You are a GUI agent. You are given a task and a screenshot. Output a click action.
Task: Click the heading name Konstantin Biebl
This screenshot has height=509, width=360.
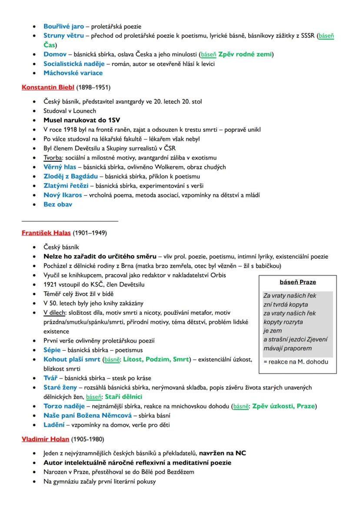pyautogui.click(x=48, y=87)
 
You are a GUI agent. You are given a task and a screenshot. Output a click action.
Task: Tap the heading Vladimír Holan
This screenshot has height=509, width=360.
pyautogui.click(x=45, y=439)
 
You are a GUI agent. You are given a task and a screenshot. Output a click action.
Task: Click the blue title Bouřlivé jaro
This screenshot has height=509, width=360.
pyautogui.click(x=63, y=27)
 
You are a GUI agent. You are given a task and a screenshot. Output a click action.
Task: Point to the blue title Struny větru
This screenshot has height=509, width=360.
pyautogui.click(x=63, y=36)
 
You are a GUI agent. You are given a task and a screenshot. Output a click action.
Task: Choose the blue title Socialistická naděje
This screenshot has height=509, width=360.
pyautogui.click(x=74, y=63)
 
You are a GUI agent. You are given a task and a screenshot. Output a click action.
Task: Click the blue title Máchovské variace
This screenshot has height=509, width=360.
pyautogui.click(x=73, y=73)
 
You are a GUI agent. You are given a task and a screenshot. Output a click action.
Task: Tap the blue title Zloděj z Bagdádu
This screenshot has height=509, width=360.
pyautogui.click(x=70, y=176)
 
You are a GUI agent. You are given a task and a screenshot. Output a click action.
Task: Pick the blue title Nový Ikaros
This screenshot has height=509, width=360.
pyautogui.click(x=63, y=195)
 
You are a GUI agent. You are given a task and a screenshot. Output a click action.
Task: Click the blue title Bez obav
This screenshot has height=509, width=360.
pyautogui.click(x=58, y=204)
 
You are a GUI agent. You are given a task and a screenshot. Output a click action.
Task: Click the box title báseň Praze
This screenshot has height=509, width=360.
pyautogui.click(x=298, y=282)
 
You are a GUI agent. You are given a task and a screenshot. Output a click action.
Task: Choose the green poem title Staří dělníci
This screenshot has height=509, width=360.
pyautogui.click(x=123, y=397)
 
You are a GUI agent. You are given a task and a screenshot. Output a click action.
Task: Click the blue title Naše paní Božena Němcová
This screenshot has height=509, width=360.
pyautogui.click(x=87, y=416)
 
